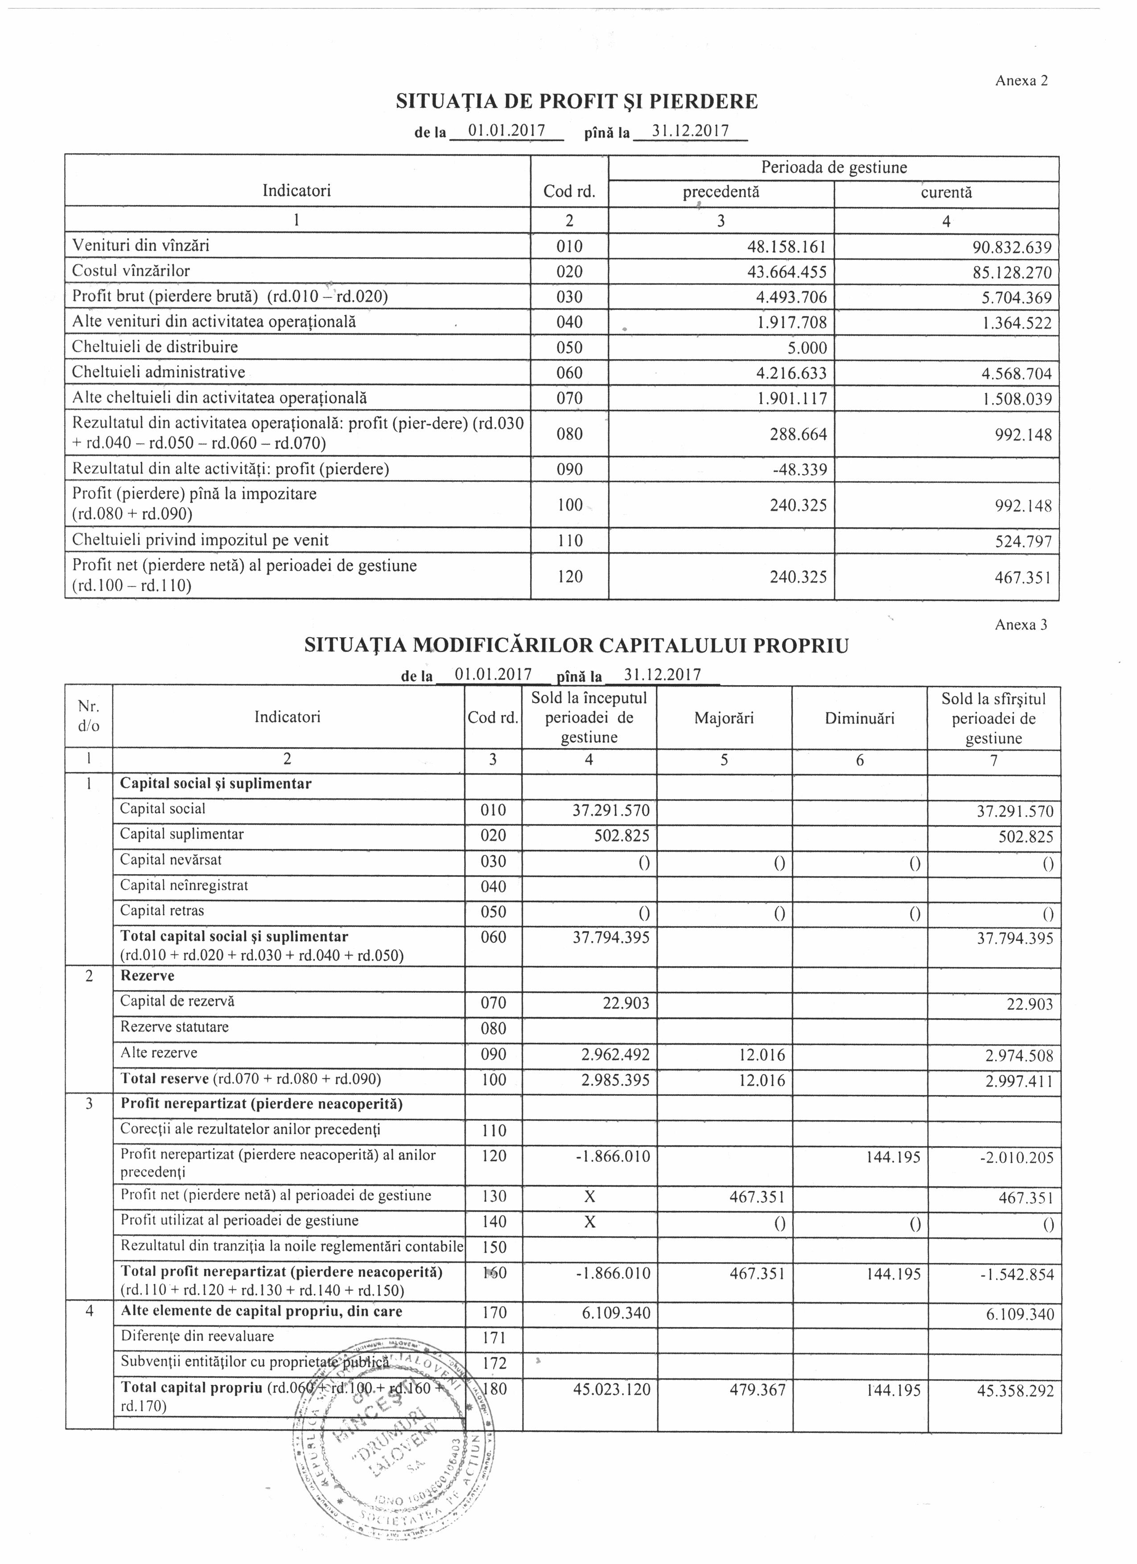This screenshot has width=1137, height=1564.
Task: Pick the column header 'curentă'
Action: (946, 193)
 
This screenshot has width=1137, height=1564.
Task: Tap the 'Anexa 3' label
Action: (1021, 625)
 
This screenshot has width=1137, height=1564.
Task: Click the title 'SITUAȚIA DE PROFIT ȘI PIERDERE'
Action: (577, 102)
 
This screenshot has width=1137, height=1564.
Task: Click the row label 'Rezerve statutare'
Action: (174, 1027)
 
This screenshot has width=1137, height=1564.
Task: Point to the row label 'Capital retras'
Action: (162, 911)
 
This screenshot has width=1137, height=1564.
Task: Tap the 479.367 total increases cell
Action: (757, 1390)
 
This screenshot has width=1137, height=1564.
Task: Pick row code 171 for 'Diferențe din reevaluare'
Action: (494, 1338)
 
